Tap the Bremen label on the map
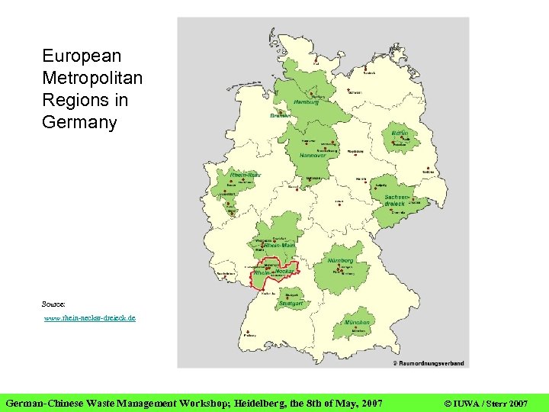pyautogui.click(x=281, y=116)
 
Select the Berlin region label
pyautogui.click(x=400, y=134)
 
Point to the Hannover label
pyautogui.click(x=313, y=155)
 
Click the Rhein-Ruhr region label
pyautogui.click(x=246, y=175)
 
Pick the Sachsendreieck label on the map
pyautogui.click(x=396, y=201)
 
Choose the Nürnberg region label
pyautogui.click(x=341, y=260)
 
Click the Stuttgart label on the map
pyautogui.click(x=291, y=304)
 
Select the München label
pyautogui.click(x=357, y=323)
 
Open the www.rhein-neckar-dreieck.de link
pyautogui.click(x=89, y=317)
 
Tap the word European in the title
pyautogui.click(x=82, y=56)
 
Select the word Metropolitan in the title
pyautogui.click(x=92, y=78)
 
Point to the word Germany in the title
pyautogui.click(x=79, y=122)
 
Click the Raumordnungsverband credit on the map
pyautogui.click(x=430, y=363)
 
